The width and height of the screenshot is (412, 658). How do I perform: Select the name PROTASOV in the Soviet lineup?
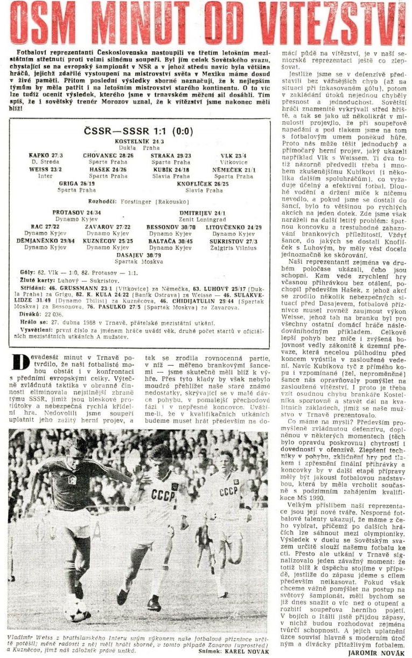pyautogui.click(x=72, y=212)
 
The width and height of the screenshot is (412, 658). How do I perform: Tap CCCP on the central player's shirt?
pyautogui.click(x=162, y=494)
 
